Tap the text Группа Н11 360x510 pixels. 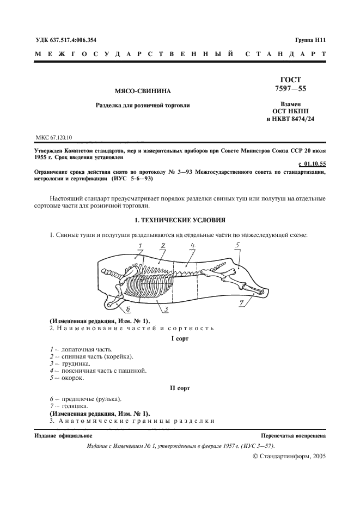pos(310,40)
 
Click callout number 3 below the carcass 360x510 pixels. pos(166,309)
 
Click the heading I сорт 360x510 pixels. pos(179,338)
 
